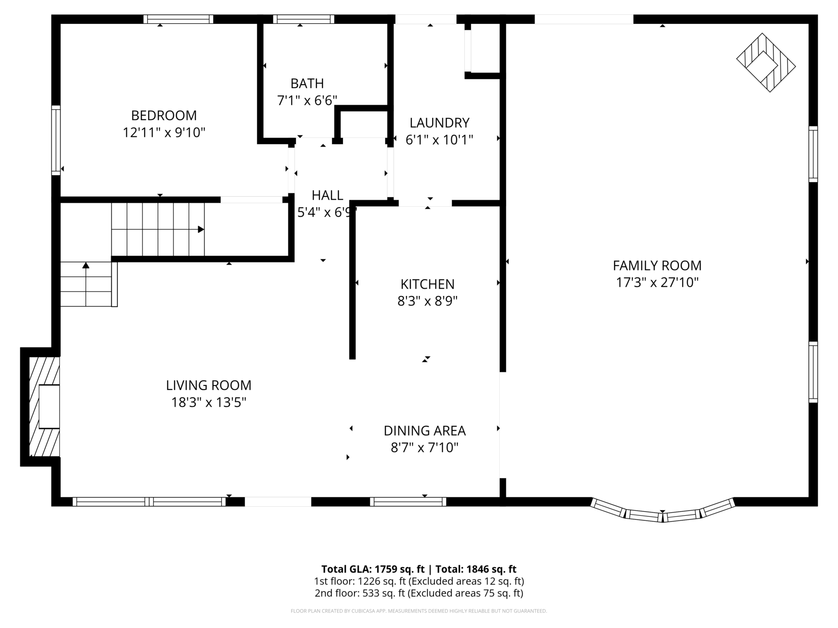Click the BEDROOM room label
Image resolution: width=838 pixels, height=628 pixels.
tap(164, 116)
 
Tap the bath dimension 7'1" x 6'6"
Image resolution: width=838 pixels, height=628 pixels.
tap(307, 101)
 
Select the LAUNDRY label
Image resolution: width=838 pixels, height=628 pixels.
tap(440, 123)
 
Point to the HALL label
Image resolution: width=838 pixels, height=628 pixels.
tap(327, 195)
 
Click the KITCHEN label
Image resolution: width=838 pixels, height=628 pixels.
tap(428, 284)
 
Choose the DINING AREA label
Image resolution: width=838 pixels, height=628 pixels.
tap(425, 431)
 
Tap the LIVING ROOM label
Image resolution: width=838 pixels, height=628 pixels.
tap(209, 386)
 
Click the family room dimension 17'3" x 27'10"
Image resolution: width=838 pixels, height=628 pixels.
tap(657, 283)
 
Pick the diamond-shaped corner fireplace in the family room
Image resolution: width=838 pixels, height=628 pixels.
tap(766, 62)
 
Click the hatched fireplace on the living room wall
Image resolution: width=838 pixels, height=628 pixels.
tap(44, 407)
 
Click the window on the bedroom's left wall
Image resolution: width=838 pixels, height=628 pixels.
tap(56, 140)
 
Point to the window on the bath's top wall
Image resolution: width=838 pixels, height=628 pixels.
tap(304, 19)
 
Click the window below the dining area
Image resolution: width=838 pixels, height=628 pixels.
tap(408, 502)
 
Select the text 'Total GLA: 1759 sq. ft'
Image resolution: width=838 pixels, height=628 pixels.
tap(373, 569)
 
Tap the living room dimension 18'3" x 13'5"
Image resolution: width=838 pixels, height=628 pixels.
tap(209, 403)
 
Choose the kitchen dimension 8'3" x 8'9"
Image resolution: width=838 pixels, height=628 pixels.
tap(428, 301)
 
